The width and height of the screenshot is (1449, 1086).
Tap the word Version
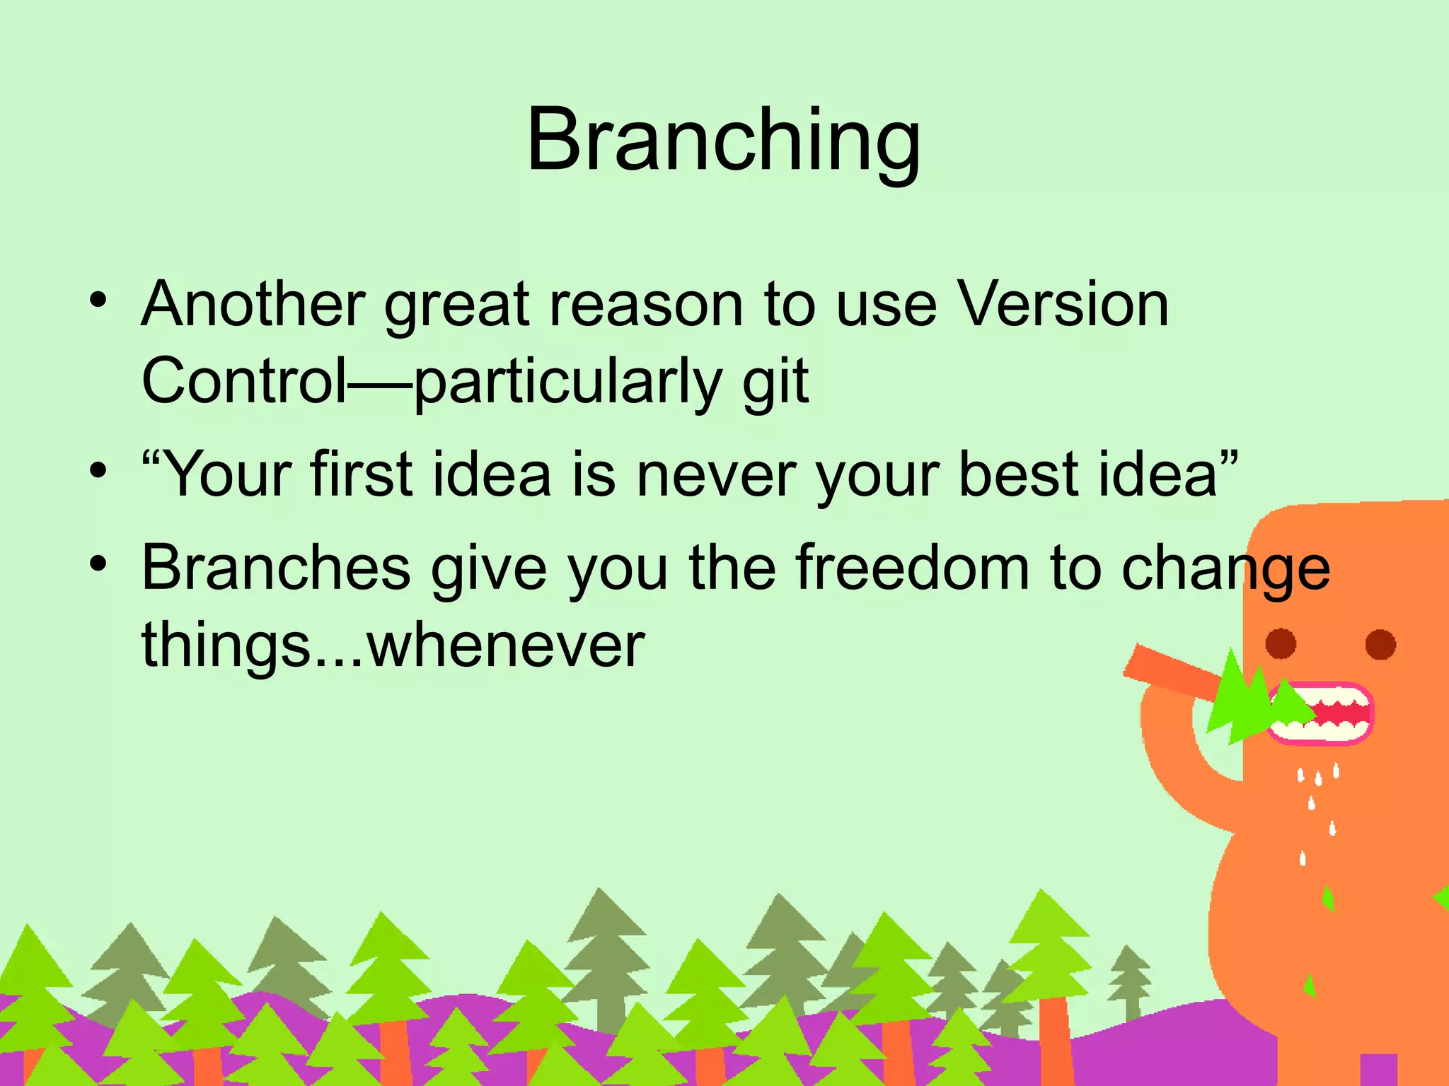tap(1063, 304)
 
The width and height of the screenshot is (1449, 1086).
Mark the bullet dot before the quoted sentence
tap(98, 469)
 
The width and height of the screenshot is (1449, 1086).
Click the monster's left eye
tap(1281, 643)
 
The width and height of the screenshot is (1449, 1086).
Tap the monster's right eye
tap(1380, 644)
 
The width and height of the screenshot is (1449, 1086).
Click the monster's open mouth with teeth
tap(1320, 713)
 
